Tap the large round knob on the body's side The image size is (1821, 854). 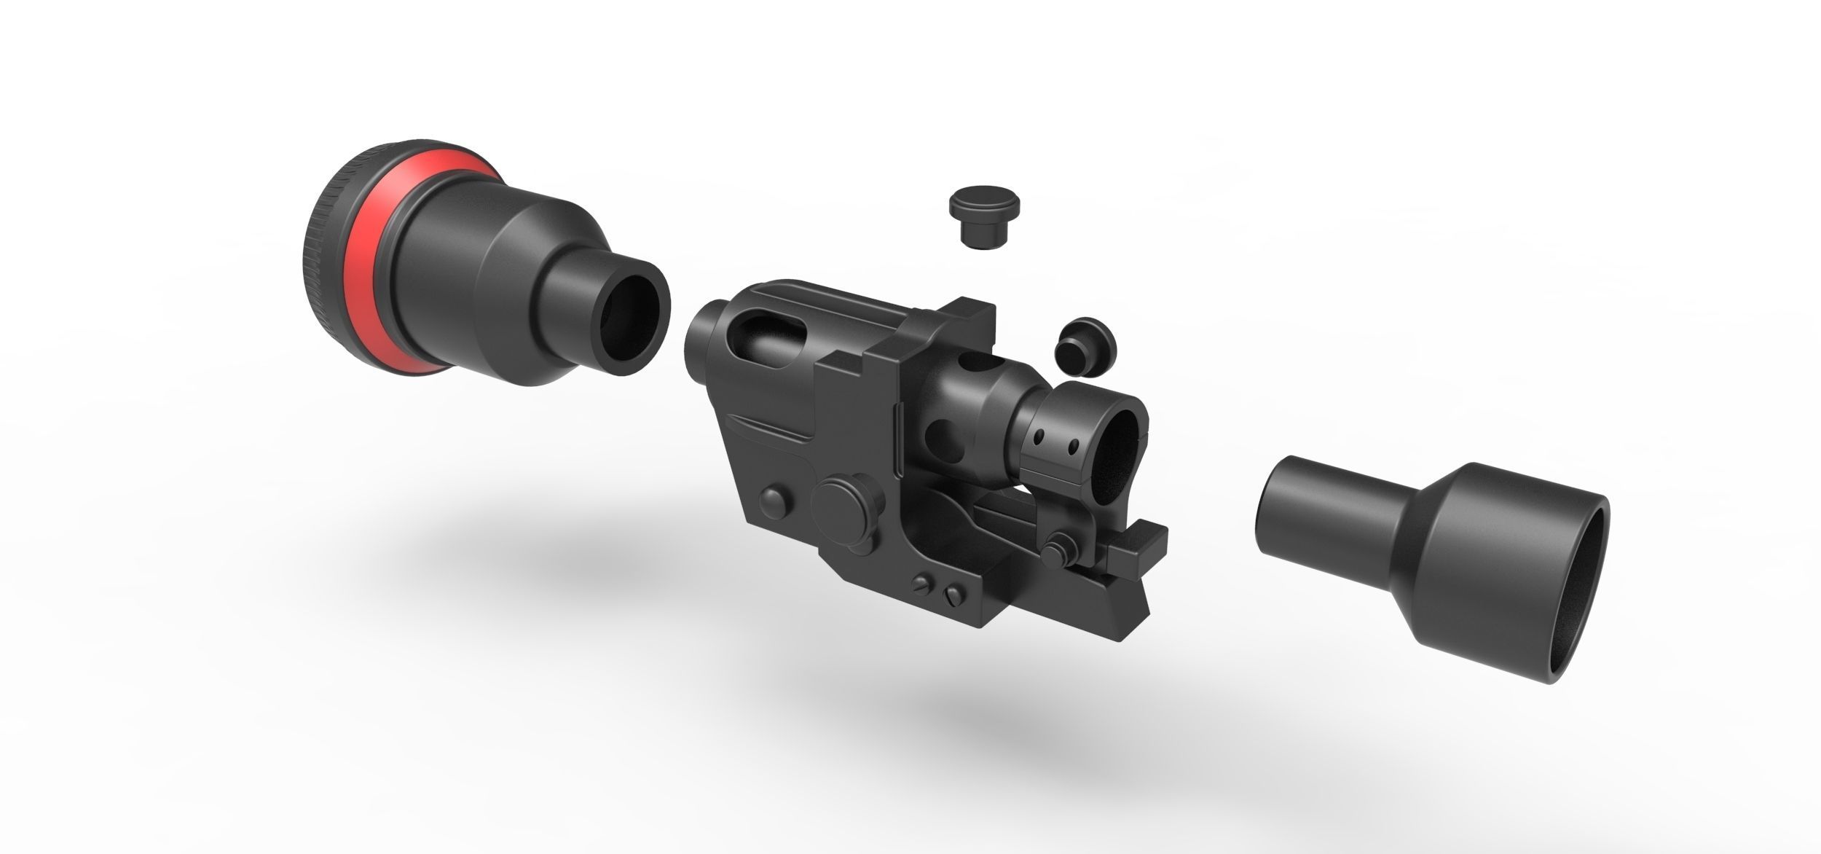[845, 506]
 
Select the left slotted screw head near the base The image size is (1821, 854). [924, 584]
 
